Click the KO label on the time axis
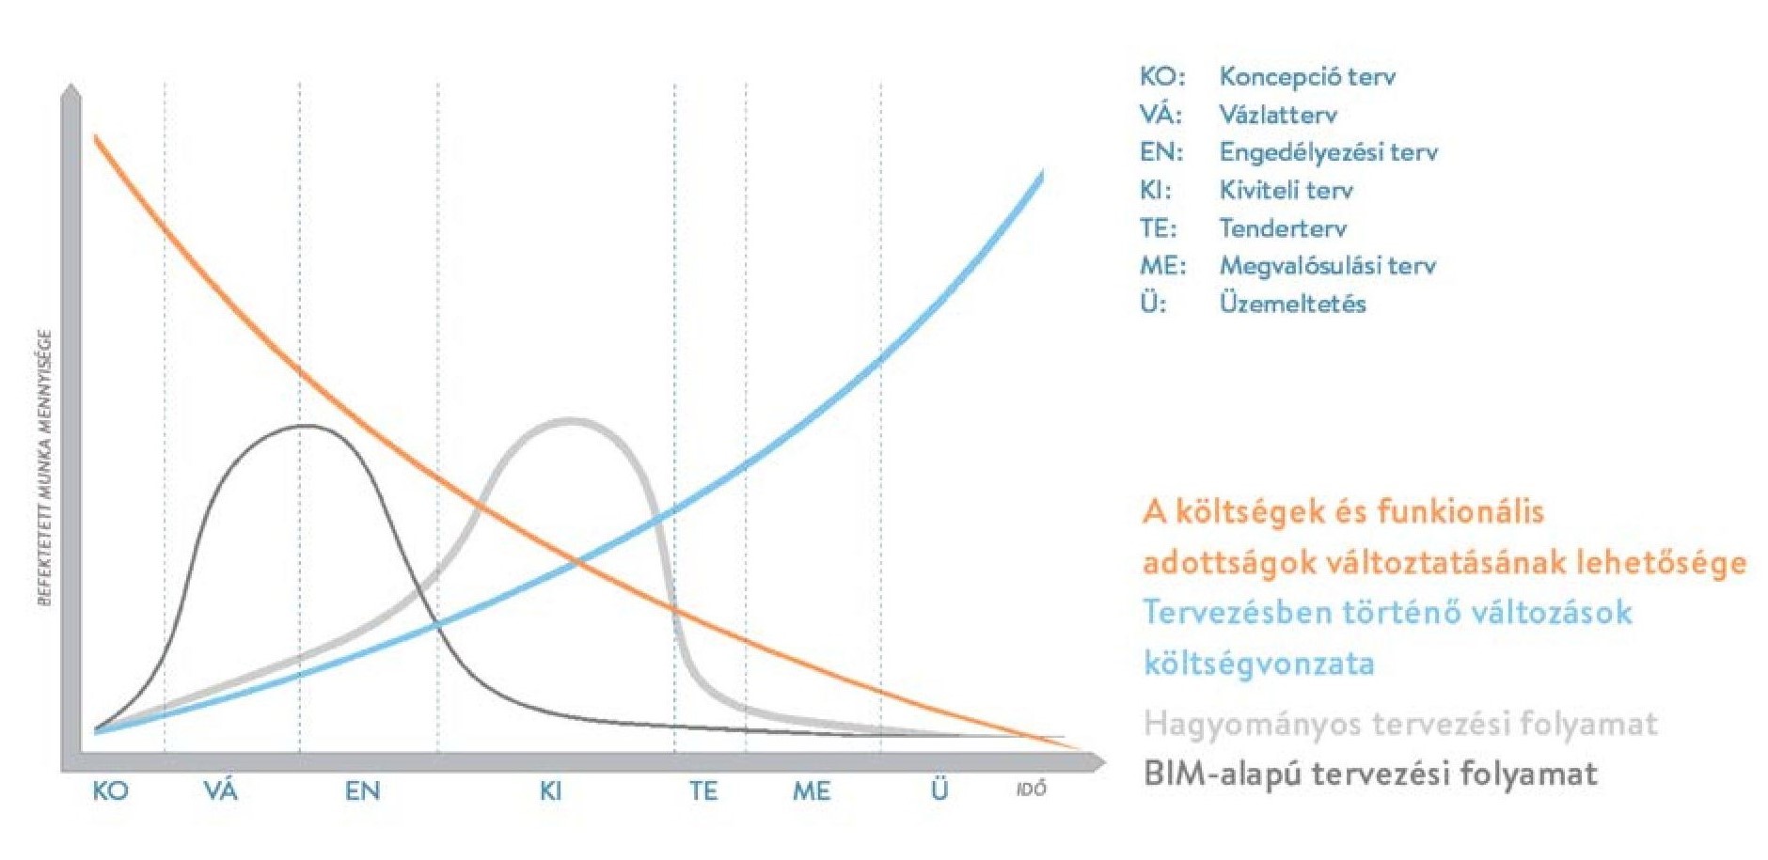coord(110,790)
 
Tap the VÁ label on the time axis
coord(221,790)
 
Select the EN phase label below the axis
coord(362,790)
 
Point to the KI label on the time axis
coord(550,790)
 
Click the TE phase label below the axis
coord(703,790)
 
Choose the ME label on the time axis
coord(811,790)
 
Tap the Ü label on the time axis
coord(939,790)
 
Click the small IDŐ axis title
coord(1031,790)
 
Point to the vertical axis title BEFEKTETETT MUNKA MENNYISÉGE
coord(44,467)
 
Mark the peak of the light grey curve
coord(571,420)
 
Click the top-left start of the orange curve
coord(96,138)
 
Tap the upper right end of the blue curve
coord(1042,174)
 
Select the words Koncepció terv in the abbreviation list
coord(1307,76)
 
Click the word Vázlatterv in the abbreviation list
coord(1277,115)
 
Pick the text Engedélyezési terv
coord(1328,152)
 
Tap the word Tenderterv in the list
coord(1283,228)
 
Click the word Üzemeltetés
coord(1292,304)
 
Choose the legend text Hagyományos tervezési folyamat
coord(1400,724)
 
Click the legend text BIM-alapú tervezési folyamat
coord(1370,774)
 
